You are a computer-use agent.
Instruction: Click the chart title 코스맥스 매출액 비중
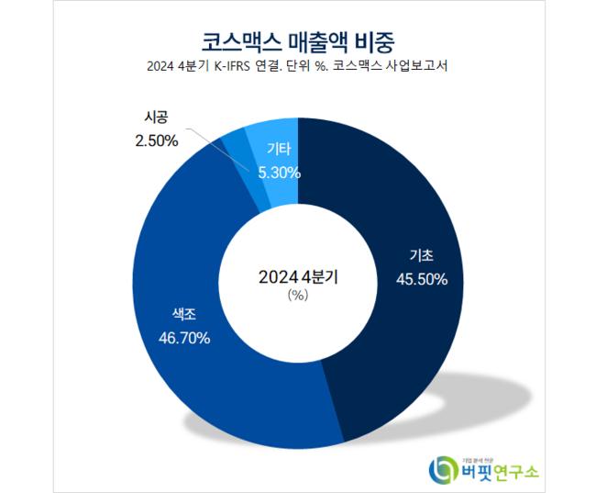click(x=298, y=40)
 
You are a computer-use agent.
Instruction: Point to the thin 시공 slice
click(x=237, y=147)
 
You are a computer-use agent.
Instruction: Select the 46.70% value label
click(x=182, y=338)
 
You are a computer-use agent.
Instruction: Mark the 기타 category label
click(x=279, y=150)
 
